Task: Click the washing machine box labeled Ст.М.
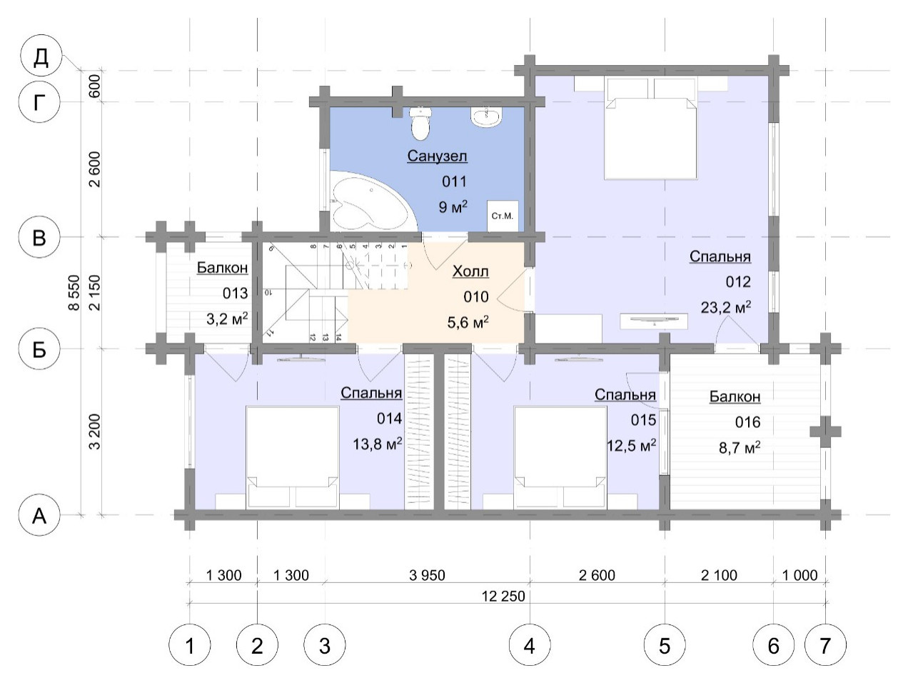click(x=503, y=216)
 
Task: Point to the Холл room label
click(x=470, y=271)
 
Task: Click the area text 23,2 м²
click(x=726, y=306)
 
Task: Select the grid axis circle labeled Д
click(x=41, y=56)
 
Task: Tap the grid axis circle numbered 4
click(x=530, y=645)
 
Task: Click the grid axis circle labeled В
click(x=39, y=238)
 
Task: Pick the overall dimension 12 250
click(x=503, y=596)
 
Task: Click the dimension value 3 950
click(x=428, y=575)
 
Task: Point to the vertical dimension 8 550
click(x=74, y=292)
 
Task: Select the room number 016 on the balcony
click(x=747, y=422)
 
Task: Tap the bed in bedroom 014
click(x=293, y=457)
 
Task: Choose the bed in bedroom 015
click(x=560, y=457)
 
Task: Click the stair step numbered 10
click(x=268, y=293)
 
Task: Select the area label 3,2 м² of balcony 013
click(x=227, y=319)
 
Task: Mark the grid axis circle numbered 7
click(x=825, y=645)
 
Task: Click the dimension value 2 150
click(x=95, y=293)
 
